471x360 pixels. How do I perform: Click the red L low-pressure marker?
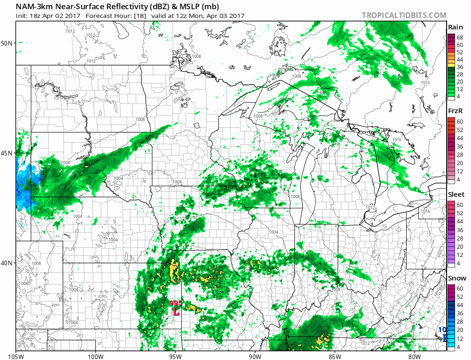click(x=176, y=311)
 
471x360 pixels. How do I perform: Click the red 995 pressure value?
click(x=176, y=303)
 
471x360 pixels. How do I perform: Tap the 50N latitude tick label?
click(x=8, y=43)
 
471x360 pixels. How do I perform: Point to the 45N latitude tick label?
click(x=8, y=153)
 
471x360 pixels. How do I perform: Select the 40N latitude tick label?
click(x=8, y=263)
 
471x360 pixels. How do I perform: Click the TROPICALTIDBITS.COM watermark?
click(x=404, y=15)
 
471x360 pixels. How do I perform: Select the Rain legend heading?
click(x=455, y=27)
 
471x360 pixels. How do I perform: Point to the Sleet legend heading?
click(x=456, y=194)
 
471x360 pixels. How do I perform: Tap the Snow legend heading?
click(x=456, y=278)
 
